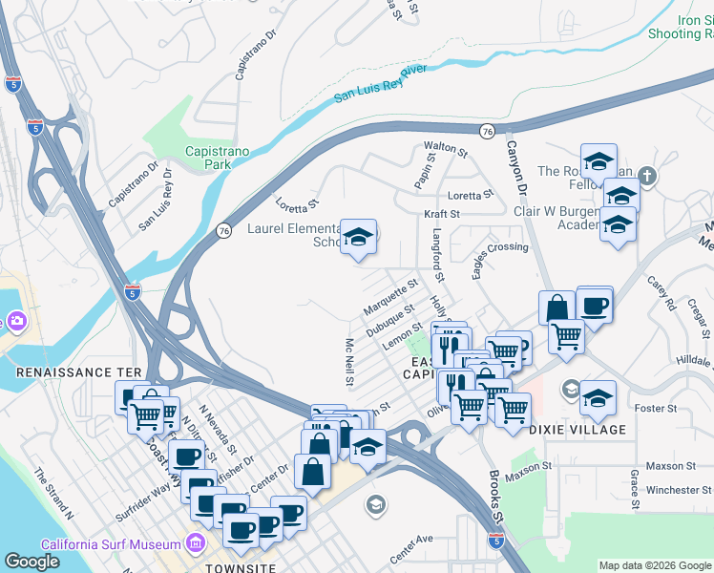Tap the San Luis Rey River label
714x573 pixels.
380,84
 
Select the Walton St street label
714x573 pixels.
446,150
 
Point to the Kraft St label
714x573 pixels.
442,214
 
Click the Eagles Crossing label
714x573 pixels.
499,246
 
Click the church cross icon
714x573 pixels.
647,176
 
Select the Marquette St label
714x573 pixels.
390,297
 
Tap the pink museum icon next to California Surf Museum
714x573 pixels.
196,544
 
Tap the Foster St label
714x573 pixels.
656,408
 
